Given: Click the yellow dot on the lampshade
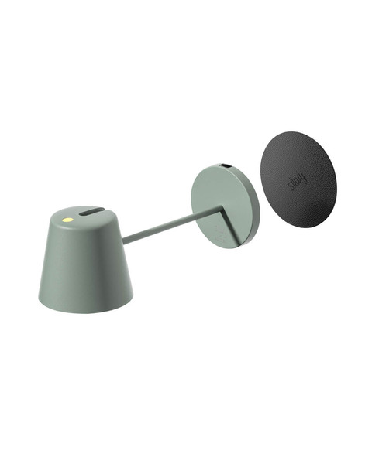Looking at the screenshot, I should pos(67,219).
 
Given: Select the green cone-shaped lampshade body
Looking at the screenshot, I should pos(85,267).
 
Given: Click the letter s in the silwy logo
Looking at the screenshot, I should pos(292,192).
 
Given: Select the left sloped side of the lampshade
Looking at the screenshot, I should pos(48,267).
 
